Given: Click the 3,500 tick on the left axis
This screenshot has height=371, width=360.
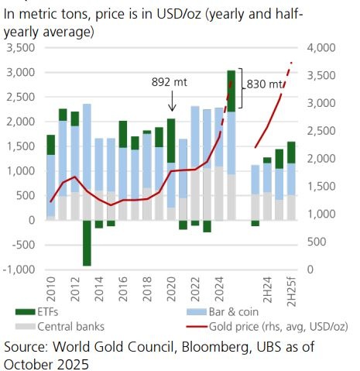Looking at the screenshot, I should tap(22, 48).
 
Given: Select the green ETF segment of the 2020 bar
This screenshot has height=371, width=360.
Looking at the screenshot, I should tap(171, 140).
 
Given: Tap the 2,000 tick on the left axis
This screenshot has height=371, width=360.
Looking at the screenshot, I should tap(22, 122).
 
